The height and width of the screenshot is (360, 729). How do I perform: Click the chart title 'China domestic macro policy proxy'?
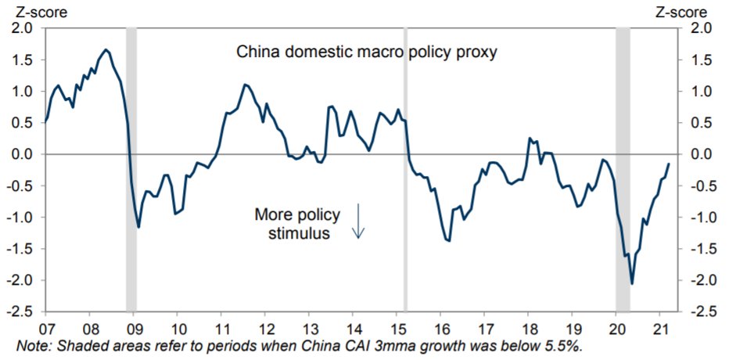point(367,53)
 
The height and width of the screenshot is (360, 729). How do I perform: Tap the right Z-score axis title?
point(681,12)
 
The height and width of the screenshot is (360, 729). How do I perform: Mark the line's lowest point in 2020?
point(631,283)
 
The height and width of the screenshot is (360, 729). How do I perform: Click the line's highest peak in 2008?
point(106,50)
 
